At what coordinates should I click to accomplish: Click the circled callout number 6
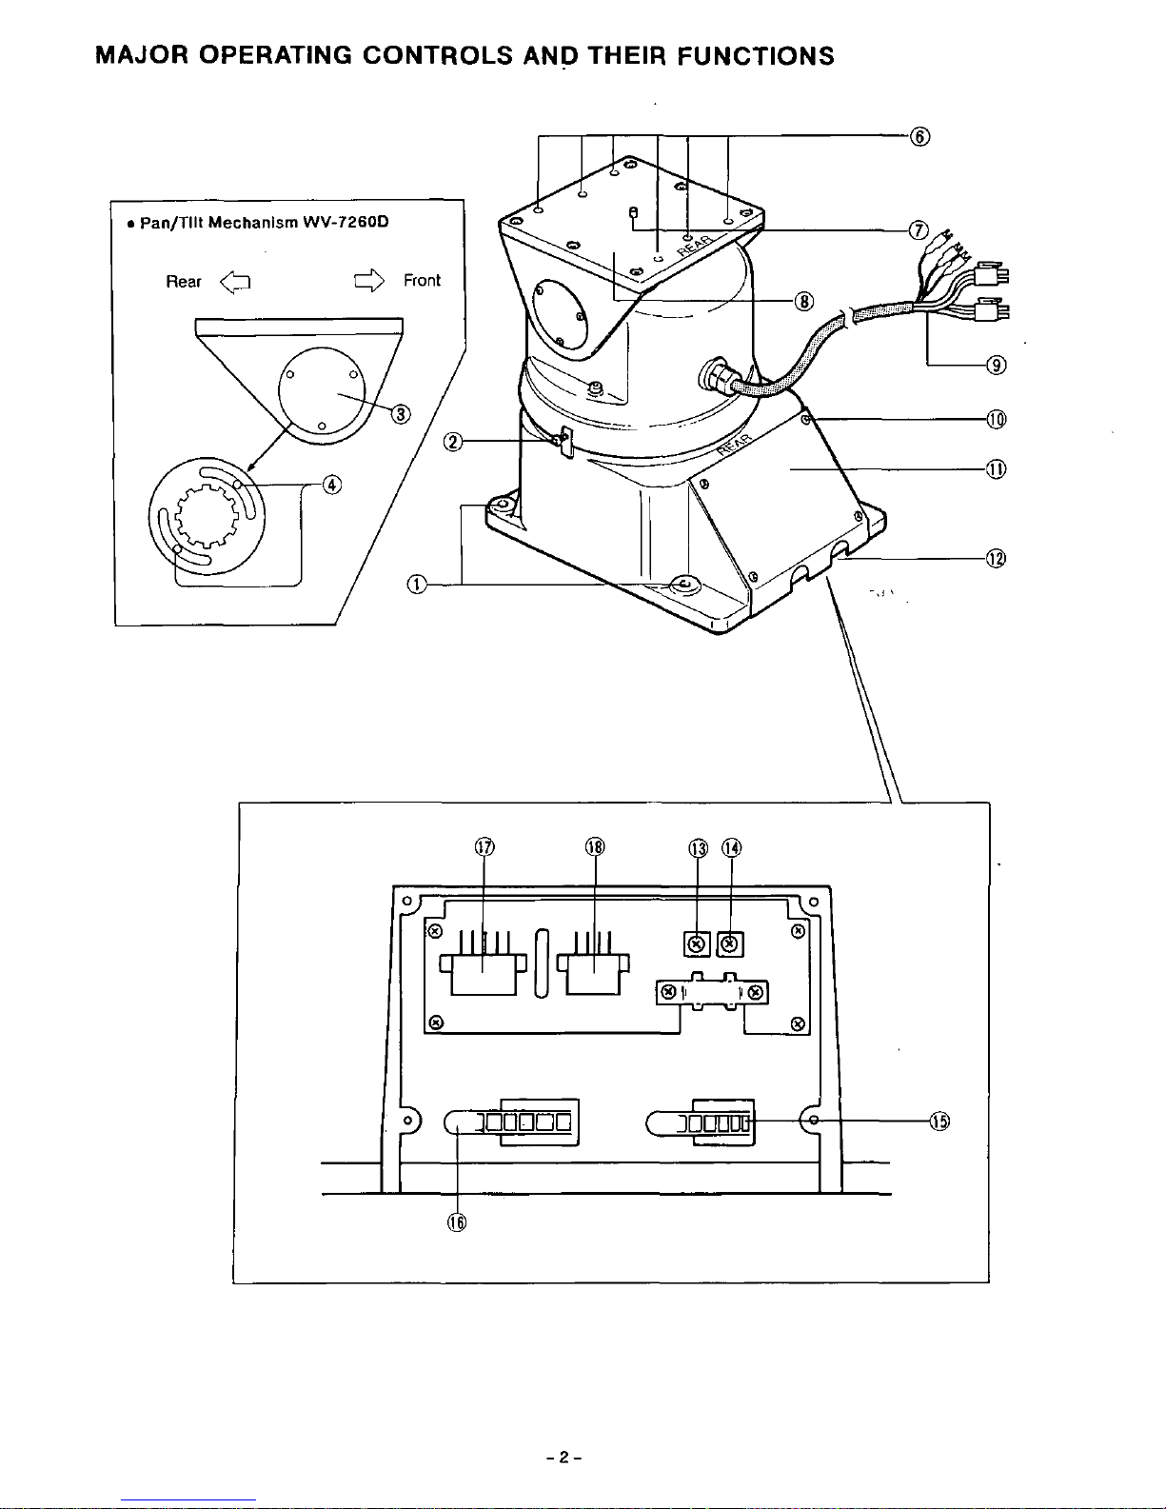(919, 137)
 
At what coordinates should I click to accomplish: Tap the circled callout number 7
(919, 229)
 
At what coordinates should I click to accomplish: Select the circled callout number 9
(996, 365)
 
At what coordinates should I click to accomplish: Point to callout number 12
(996, 558)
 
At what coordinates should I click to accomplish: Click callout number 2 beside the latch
(452, 442)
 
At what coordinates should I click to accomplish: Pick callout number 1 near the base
(417, 585)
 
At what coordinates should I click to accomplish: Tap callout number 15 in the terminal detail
(939, 1121)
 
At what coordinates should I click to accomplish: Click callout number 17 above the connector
(484, 847)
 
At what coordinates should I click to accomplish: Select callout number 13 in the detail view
(699, 848)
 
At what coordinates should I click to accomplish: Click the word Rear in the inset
(183, 281)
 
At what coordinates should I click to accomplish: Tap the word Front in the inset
(422, 280)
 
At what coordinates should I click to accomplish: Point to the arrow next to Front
(368, 281)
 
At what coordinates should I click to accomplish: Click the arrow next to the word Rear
(235, 282)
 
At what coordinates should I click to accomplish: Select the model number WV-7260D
(346, 222)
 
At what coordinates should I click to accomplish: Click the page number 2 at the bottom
(563, 1457)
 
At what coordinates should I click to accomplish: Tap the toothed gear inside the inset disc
(207, 517)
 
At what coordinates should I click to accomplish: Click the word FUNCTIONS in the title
(755, 55)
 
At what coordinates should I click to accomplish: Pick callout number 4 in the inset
(332, 484)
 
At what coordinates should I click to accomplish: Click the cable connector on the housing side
(716, 376)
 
